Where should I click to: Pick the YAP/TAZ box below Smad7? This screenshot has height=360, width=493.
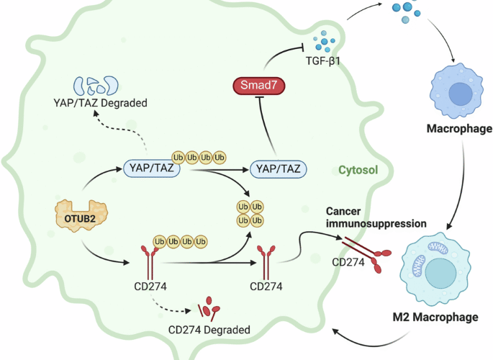[x=280, y=169]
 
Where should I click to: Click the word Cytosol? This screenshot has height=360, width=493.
[x=358, y=171]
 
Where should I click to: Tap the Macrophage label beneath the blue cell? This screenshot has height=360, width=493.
[x=459, y=129]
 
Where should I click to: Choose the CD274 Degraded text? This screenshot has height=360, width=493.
[x=209, y=329]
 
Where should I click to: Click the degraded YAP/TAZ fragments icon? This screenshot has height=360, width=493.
[x=96, y=84]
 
